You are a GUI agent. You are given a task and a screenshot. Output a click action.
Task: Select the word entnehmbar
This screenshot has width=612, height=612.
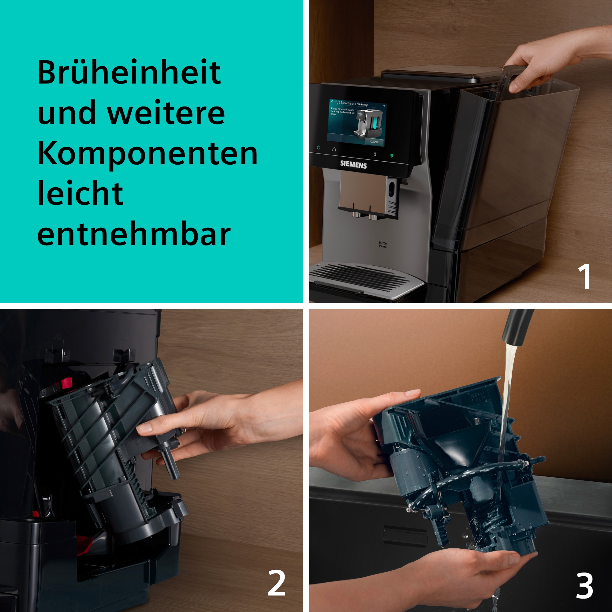click(x=134, y=235)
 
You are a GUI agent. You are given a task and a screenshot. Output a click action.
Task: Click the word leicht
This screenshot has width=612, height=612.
click(x=80, y=194)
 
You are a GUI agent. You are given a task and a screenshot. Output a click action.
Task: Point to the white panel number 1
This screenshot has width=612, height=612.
click(x=584, y=276)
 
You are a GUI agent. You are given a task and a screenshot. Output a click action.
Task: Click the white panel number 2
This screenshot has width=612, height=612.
click(x=276, y=583)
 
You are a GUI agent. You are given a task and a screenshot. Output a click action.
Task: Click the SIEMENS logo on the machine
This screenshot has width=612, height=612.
click(x=353, y=165)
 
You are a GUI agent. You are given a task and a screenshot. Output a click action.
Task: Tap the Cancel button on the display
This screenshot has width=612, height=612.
click(x=374, y=142)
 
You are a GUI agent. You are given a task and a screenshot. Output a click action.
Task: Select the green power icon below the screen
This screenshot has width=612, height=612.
click(x=318, y=147)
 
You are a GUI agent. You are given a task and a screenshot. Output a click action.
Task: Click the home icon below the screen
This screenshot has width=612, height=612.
click(x=334, y=149)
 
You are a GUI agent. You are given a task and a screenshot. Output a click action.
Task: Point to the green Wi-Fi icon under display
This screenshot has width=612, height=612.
click(x=392, y=156)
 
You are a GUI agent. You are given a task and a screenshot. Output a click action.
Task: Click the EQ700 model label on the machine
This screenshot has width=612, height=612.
click(x=383, y=244)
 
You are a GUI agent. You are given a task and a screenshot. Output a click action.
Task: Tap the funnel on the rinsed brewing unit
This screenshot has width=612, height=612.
click(x=456, y=450)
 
